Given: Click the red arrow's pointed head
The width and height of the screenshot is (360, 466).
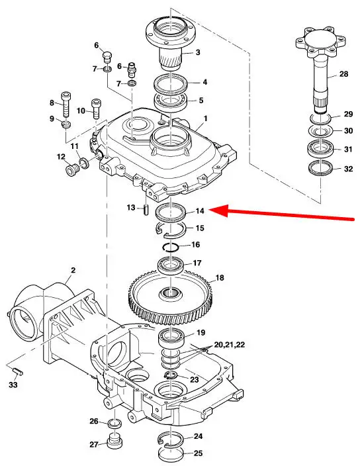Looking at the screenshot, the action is pyautogui.click(x=210, y=210).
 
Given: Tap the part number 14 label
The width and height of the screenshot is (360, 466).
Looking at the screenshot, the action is pyautogui.click(x=201, y=210).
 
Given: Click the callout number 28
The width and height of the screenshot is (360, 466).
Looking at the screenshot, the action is pyautogui.click(x=343, y=73).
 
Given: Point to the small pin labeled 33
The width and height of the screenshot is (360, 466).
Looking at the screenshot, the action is pyautogui.click(x=18, y=371).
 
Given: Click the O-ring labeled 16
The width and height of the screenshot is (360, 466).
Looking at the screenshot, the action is pyautogui.click(x=171, y=247).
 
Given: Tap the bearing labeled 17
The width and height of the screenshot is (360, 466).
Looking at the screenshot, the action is pyautogui.click(x=171, y=265).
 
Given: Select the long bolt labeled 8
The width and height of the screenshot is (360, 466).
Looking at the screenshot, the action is pyautogui.click(x=66, y=105).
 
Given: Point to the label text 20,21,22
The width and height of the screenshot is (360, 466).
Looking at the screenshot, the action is pyautogui.click(x=230, y=345).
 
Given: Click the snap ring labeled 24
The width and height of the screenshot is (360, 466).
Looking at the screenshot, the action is pyautogui.click(x=171, y=439).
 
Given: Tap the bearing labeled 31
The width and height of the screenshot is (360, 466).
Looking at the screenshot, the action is pyautogui.click(x=320, y=149).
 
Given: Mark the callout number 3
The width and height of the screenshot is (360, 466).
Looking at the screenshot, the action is pyautogui.click(x=198, y=52).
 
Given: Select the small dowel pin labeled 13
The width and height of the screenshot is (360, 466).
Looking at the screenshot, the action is pyautogui.click(x=146, y=209).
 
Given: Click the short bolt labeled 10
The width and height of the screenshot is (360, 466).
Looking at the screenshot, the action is pyautogui.click(x=96, y=108).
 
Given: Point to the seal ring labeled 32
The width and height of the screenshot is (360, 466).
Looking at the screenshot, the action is pyautogui.click(x=320, y=168).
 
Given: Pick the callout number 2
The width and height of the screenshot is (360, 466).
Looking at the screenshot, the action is pyautogui.click(x=73, y=270).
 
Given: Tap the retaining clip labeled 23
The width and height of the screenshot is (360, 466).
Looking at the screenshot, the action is pyautogui.click(x=171, y=375).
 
